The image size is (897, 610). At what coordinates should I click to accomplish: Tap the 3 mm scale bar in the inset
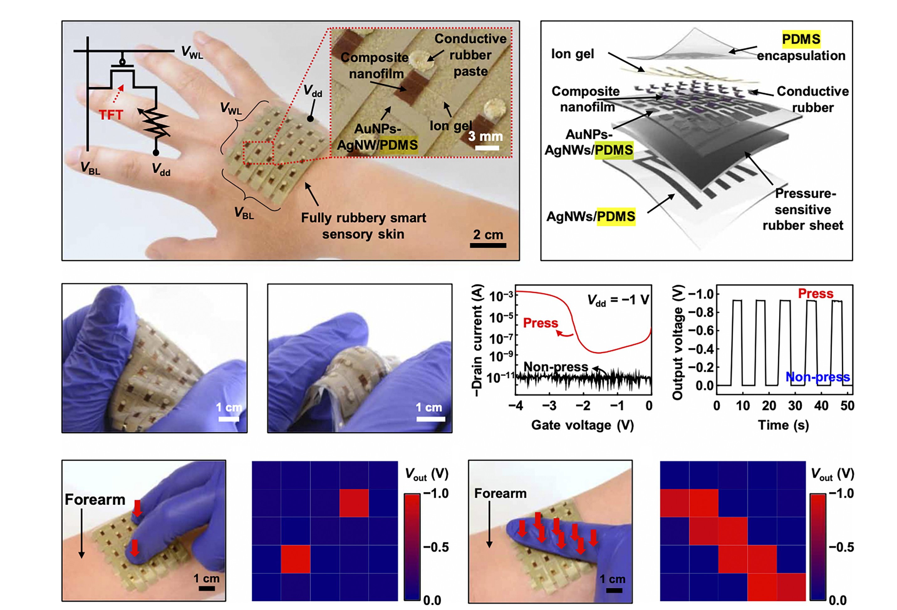pyautogui.click(x=487, y=148)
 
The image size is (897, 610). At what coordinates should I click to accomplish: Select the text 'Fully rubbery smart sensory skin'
pyautogui.click(x=363, y=226)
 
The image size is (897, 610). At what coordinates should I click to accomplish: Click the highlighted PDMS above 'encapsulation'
pyautogui.click(x=801, y=39)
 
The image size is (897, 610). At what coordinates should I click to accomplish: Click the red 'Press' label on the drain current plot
pyautogui.click(x=540, y=323)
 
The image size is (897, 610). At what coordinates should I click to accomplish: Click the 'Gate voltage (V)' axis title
pyautogui.click(x=583, y=425)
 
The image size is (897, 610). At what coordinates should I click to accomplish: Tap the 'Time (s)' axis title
pyautogui.click(x=784, y=425)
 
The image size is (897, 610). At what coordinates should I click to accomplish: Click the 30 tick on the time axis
pyautogui.click(x=795, y=406)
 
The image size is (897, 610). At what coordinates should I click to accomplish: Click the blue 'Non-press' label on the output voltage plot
pyautogui.click(x=817, y=377)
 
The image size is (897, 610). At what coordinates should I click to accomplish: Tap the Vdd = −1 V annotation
pyautogui.click(x=618, y=300)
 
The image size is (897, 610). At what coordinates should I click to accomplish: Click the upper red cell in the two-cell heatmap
pyautogui.click(x=354, y=503)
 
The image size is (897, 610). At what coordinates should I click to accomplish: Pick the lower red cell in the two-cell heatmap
pyautogui.click(x=295, y=559)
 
